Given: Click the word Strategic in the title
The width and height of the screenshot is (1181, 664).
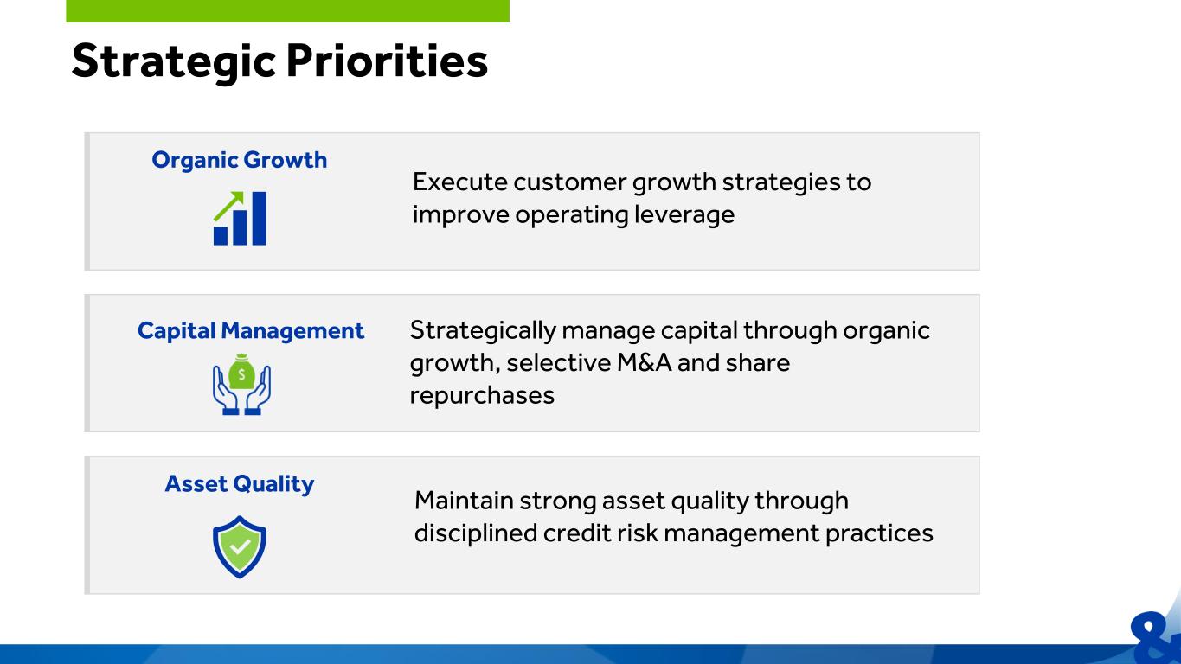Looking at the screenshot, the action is [x=173, y=62].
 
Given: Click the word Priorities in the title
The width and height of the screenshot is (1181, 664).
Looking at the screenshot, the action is [x=387, y=61].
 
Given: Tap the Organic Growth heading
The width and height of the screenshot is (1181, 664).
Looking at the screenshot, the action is [x=240, y=160].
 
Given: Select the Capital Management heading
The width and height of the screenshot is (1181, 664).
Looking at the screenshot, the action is [x=250, y=331].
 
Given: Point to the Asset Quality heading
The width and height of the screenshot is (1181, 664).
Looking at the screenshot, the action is [x=240, y=484].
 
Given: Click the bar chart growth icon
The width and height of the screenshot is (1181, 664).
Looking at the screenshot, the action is [x=240, y=218].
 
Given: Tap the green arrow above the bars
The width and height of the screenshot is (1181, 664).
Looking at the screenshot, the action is [x=228, y=206].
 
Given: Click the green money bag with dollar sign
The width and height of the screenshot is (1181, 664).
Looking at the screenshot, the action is [x=241, y=372].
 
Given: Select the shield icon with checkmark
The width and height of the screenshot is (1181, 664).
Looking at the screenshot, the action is [x=240, y=547].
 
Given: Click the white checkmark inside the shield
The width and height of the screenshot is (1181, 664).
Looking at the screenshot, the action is [x=240, y=547].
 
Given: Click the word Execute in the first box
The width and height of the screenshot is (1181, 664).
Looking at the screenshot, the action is [x=459, y=182].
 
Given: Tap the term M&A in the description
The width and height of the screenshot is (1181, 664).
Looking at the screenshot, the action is [x=645, y=363].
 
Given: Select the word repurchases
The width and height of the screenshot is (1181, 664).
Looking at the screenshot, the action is [x=482, y=396].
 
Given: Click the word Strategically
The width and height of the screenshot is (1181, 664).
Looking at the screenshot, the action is [x=483, y=331].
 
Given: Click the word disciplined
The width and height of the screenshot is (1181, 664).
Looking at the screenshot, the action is [x=476, y=533].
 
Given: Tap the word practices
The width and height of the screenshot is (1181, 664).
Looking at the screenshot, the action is [x=879, y=533].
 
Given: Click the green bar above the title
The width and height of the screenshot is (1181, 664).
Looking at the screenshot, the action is [x=287, y=11].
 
